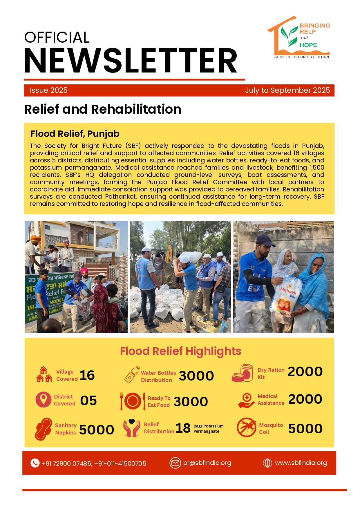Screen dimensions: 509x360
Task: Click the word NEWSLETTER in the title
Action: click(x=131, y=61)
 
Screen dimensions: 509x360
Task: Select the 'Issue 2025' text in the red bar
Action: click(x=49, y=90)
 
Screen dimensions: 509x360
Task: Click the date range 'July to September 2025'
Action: click(x=287, y=90)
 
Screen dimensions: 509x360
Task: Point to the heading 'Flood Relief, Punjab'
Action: click(x=75, y=134)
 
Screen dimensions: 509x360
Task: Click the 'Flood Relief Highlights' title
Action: click(x=180, y=351)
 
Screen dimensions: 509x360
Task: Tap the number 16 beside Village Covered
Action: click(x=87, y=375)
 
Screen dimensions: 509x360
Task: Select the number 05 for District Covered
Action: click(x=88, y=401)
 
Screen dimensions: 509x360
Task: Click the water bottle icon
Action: click(x=132, y=374)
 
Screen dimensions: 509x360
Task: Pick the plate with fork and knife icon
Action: click(x=133, y=401)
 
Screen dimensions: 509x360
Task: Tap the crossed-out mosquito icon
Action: click(x=246, y=428)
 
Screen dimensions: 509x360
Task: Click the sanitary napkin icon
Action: click(x=44, y=429)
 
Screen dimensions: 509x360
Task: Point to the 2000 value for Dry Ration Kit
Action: click(x=305, y=372)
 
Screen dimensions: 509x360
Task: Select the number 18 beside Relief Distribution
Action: click(x=183, y=428)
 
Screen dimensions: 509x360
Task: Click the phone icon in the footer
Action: click(x=35, y=463)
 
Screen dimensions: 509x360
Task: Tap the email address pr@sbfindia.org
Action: click(x=207, y=463)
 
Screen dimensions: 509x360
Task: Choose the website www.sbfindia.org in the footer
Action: click(x=301, y=463)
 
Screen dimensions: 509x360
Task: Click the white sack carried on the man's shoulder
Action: click(x=190, y=257)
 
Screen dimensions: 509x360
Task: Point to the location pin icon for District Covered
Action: click(x=44, y=399)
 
